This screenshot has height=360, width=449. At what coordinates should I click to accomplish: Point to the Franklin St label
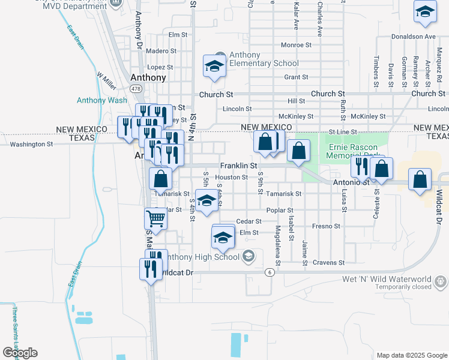(x=238, y=165)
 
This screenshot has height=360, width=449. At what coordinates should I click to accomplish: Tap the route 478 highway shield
(x=137, y=89)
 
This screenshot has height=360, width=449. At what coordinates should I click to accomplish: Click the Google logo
(x=20, y=353)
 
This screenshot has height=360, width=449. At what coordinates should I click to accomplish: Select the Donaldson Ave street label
(x=414, y=37)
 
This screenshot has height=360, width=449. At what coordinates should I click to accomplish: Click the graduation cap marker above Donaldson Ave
(x=425, y=12)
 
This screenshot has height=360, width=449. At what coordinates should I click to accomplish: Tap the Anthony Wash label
(x=102, y=100)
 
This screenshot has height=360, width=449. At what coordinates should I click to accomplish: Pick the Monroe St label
(x=296, y=45)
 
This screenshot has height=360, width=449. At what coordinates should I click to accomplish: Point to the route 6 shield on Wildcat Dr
(x=271, y=272)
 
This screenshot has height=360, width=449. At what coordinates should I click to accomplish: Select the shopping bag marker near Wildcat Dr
(x=420, y=179)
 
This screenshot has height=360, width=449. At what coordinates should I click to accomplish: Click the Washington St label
(x=31, y=145)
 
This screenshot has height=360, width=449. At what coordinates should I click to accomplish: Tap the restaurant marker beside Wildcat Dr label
(x=151, y=268)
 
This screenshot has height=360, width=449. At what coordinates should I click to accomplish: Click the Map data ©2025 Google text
(x=412, y=355)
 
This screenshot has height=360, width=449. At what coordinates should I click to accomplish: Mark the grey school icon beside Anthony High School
(x=248, y=257)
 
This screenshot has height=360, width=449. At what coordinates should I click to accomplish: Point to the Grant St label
(x=296, y=77)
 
